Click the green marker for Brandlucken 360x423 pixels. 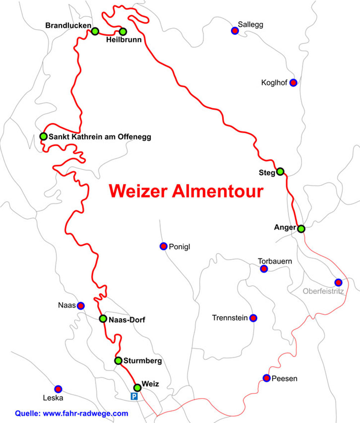[95, 31]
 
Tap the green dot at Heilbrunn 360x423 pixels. [123, 31]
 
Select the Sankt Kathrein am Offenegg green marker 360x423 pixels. [43, 136]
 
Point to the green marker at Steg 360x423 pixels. [280, 171]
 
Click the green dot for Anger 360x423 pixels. [301, 228]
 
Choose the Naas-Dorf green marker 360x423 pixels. [103, 319]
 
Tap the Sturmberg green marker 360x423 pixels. [118, 360]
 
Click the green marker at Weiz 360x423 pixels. [137, 388]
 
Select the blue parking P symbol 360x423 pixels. [134, 397]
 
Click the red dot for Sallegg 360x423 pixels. [235, 31]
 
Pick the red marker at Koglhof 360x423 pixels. [293, 83]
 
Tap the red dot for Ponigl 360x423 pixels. [163, 246]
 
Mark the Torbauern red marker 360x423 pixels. [264, 269]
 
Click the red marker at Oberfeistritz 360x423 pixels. [338, 282]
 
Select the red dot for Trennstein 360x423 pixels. [253, 318]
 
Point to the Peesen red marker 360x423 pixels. [266, 378]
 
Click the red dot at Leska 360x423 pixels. [58, 389]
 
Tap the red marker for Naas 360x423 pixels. [81, 306]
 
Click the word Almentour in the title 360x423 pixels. [217, 191]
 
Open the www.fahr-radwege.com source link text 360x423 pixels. [85, 413]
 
